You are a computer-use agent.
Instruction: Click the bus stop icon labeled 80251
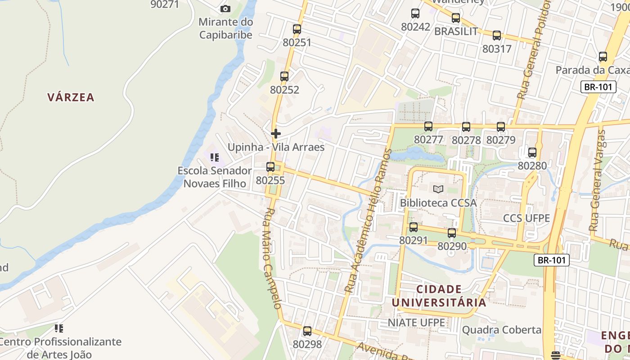point(297,29)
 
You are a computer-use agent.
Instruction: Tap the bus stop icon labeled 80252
point(284,76)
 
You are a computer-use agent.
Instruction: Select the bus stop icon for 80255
point(270,167)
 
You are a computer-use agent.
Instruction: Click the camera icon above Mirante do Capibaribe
point(225,9)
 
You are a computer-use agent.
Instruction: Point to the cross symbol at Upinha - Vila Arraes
point(276,134)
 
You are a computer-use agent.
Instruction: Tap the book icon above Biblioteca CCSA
point(438,189)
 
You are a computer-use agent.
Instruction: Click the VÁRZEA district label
point(71,97)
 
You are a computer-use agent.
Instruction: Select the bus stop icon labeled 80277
point(428,126)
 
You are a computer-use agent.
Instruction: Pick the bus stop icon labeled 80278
point(466,127)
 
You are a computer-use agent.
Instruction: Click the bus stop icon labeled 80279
point(501,127)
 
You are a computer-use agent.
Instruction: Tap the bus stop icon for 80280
point(532,153)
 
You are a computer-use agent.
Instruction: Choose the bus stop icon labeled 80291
point(414,227)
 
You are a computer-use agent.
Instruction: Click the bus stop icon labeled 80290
point(452,233)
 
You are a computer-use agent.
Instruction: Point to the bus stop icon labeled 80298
point(307,331)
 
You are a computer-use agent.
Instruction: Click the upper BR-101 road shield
point(598,87)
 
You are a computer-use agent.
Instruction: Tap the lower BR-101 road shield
point(552,260)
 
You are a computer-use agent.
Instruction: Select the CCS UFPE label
point(526,218)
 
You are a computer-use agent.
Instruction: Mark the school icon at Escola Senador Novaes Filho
point(215,157)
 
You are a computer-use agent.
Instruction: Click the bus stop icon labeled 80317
point(497,36)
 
